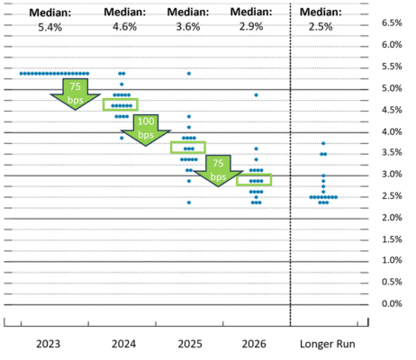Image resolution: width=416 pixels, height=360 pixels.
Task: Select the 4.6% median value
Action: [122, 28]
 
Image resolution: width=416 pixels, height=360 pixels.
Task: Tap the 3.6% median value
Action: [187, 28]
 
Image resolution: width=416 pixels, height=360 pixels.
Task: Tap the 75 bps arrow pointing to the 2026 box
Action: [217, 168]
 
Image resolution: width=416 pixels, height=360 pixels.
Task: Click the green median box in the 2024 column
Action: [121, 104]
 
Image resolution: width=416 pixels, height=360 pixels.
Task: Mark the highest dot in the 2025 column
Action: [188, 73]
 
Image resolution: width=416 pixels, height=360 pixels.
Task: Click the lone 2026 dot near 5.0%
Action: [256, 94]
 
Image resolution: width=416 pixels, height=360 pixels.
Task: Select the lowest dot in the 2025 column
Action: [188, 202]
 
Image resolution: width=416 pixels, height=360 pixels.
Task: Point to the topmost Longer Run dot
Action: [323, 144]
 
